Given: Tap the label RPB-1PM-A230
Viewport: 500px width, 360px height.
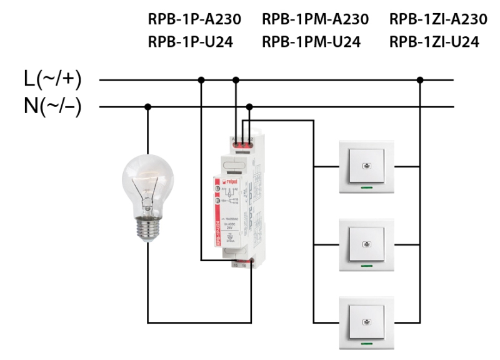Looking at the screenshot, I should (x=316, y=19).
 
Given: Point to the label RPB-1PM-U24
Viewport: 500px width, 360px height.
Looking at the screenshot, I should (x=311, y=42).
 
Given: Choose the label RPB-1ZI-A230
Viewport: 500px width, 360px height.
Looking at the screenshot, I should (x=437, y=19).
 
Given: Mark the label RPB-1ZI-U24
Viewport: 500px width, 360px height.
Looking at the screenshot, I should (x=433, y=42).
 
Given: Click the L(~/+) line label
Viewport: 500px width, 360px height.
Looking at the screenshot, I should (x=52, y=80).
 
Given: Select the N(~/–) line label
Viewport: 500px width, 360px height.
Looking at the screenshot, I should (x=52, y=106).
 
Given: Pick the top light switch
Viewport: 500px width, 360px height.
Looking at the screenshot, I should (x=366, y=166).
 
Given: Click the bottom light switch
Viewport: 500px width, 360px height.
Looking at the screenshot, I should (x=366, y=322).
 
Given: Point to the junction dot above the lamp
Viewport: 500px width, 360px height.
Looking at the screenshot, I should (x=148, y=106).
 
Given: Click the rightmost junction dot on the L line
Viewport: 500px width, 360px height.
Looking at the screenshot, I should (x=420, y=80).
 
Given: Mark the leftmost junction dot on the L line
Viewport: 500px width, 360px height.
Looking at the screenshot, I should (x=201, y=80).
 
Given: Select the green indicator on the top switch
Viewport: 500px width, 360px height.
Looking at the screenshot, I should (x=367, y=186).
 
